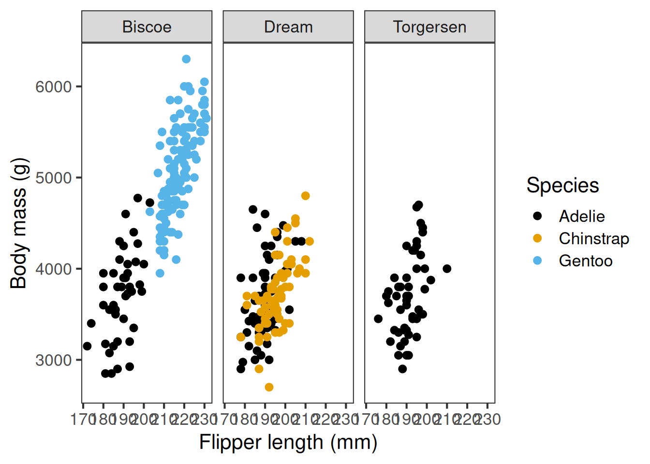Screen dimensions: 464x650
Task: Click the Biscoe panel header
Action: pos(147,27)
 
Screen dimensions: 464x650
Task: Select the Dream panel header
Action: pos(288,27)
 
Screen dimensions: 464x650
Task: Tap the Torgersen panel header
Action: pos(429,27)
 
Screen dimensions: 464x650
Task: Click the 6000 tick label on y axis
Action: pos(53,87)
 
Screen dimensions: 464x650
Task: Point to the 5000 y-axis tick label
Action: pos(53,178)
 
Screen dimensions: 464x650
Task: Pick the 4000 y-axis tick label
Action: pos(53,269)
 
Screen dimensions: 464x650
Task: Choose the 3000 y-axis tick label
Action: pos(53,360)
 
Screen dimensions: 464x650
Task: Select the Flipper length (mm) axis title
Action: pos(288,442)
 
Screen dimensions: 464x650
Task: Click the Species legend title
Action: pos(562,186)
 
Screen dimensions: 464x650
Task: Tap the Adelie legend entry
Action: pos(581,216)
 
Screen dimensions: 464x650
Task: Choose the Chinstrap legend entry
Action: pos(593,238)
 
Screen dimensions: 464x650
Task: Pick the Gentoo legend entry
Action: pos(585,261)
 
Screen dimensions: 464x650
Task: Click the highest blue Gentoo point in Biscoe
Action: pos(186,59)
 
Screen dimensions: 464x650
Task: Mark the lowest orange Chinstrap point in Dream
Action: pos(269,387)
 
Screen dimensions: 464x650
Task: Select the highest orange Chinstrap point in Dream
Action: pos(305,196)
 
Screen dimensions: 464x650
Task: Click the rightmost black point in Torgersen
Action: pos(447,269)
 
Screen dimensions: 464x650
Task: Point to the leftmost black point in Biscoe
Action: pos(87,346)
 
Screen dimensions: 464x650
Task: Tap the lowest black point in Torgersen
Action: pos(402,369)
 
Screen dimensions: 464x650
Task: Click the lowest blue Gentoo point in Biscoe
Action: pos(160,273)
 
